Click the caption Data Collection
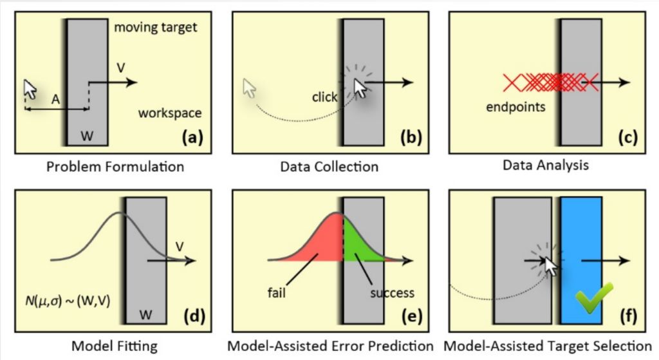[x=329, y=167]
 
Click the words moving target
[x=154, y=28]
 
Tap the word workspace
[x=170, y=113]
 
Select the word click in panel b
[x=324, y=97]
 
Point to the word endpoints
[x=515, y=107]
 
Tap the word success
[x=393, y=293]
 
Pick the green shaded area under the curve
[x=354, y=248]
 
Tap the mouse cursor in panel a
[x=30, y=89]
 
